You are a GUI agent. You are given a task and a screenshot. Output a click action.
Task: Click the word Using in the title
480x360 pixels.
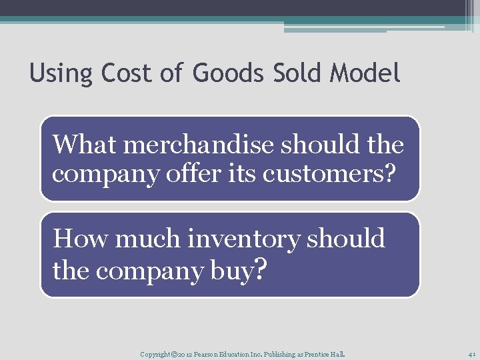pyautogui.click(x=62, y=73)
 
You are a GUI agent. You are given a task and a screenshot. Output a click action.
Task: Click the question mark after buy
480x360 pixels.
pyautogui.click(x=261, y=270)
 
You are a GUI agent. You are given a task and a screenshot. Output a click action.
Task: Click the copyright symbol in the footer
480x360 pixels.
pyautogui.click(x=173, y=353)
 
